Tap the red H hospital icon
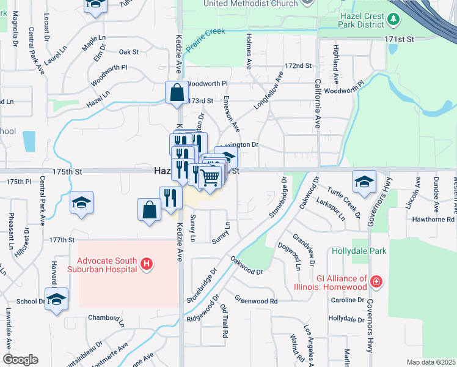click(147, 264)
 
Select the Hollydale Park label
click(359, 251)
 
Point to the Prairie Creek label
click(205, 39)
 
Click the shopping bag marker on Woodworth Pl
click(176, 93)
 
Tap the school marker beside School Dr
click(56, 299)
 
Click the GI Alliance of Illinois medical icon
click(378, 282)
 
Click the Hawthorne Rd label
click(433, 219)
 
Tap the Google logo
click(20, 359)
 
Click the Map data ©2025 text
click(430, 362)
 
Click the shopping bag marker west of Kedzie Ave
click(150, 210)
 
